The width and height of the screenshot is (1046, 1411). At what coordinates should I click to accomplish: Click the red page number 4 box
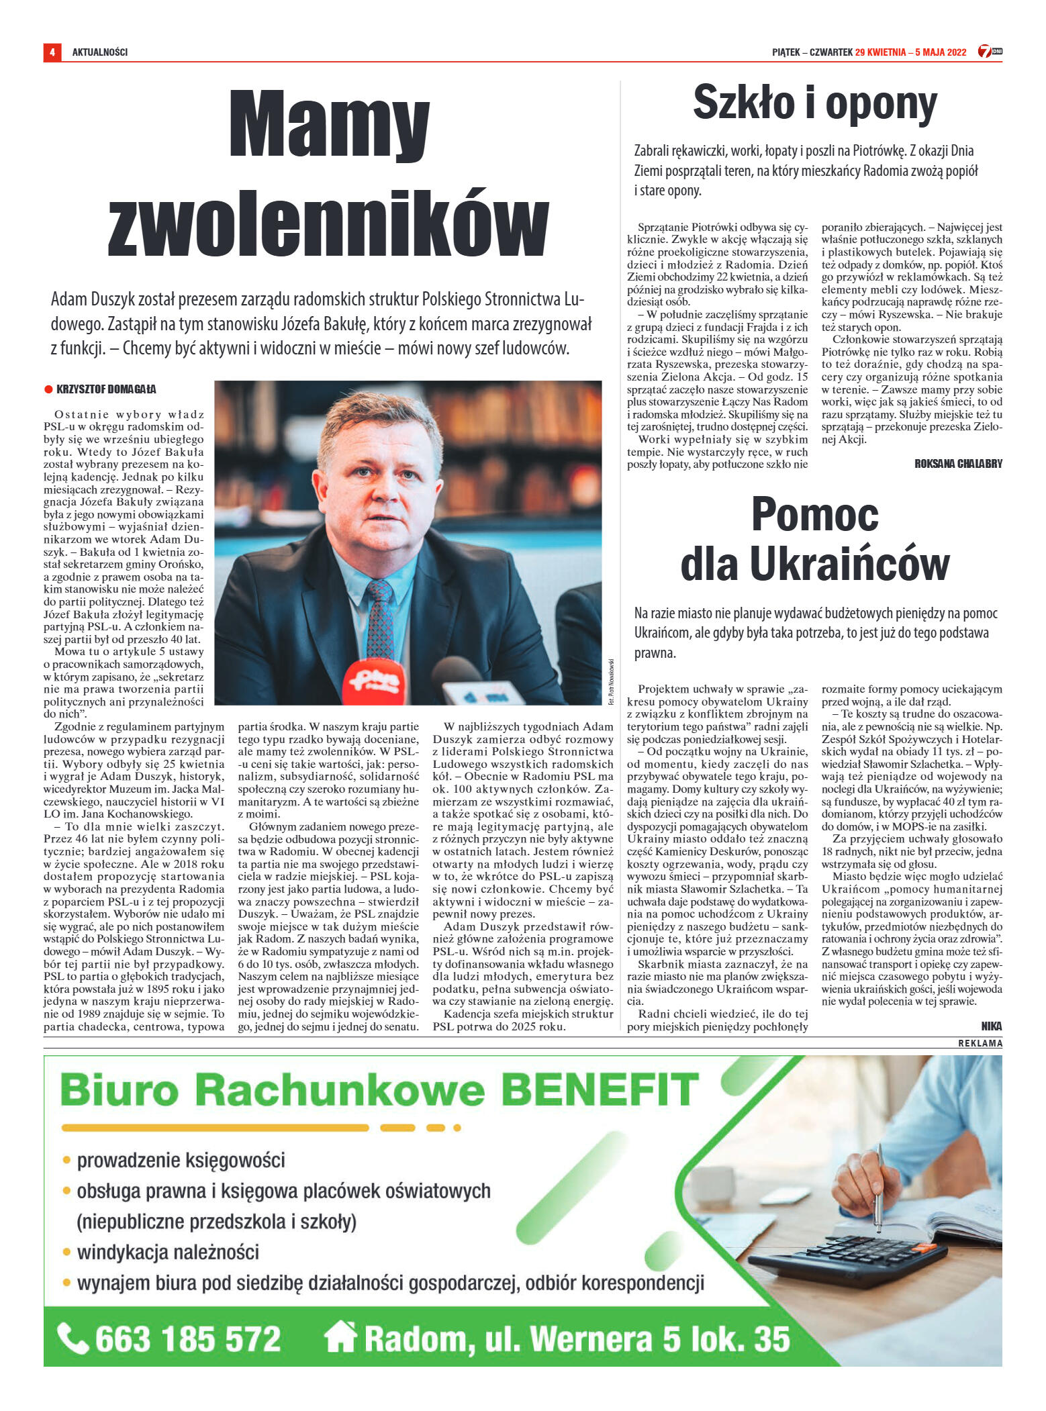point(52,52)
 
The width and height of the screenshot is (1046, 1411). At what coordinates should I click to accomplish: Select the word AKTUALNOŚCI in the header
point(99,52)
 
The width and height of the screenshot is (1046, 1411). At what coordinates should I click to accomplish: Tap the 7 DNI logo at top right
point(989,52)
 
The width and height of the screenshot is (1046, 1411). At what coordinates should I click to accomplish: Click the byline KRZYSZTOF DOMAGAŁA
point(106,389)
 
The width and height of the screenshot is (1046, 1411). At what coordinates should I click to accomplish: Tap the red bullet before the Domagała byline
point(48,389)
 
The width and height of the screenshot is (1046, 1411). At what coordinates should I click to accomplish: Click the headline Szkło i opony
point(814,104)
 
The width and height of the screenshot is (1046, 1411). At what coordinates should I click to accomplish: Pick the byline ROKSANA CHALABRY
point(958,464)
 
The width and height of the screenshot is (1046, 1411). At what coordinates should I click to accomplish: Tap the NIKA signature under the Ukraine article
point(991,1026)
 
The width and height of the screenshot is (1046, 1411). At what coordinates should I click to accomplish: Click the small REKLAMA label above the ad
point(980,1043)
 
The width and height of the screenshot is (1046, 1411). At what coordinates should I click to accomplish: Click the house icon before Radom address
point(340,1337)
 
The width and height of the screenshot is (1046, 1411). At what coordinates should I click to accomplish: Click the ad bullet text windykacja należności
point(168,1252)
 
